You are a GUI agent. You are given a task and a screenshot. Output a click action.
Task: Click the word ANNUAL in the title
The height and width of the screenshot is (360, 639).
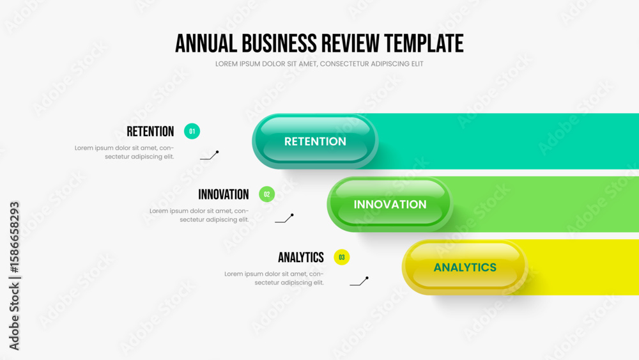pos(206,43)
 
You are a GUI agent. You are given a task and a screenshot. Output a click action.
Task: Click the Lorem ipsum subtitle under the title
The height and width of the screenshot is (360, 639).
pos(319,64)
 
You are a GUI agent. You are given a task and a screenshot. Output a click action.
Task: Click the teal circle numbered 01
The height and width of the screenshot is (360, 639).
pos(192,131)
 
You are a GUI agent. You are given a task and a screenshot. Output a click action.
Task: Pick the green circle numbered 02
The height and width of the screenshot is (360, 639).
pos(267,194)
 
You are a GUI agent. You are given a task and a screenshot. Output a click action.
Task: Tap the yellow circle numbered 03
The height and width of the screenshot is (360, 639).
pos(341,257)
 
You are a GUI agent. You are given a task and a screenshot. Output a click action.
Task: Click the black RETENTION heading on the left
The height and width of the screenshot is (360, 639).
pos(150,132)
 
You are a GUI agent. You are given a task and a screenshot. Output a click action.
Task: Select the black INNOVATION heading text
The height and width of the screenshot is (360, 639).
pos(223,194)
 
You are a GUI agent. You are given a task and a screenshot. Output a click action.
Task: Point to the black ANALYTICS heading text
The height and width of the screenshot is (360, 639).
pos(301,258)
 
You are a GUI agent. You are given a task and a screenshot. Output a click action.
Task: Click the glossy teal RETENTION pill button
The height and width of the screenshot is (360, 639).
pos(315,141)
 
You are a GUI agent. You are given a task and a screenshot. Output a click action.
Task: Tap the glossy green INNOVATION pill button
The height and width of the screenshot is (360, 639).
pos(390,204)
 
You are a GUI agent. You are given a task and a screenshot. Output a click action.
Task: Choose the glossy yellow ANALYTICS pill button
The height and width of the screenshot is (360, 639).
pos(465,267)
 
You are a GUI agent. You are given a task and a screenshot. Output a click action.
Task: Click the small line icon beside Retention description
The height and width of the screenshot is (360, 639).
pos(210,156)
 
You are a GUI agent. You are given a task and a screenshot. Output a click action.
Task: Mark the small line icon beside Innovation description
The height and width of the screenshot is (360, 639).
pos(284,219)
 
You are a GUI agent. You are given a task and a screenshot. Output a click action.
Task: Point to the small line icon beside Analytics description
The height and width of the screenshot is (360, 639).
pos(359,281)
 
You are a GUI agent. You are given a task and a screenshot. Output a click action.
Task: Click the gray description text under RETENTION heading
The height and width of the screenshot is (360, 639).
pos(125,152)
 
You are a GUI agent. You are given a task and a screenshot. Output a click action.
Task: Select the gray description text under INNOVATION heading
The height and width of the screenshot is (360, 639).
pos(199,215)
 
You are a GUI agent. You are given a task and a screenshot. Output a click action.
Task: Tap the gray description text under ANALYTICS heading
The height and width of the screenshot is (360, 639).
pos(274,278)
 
